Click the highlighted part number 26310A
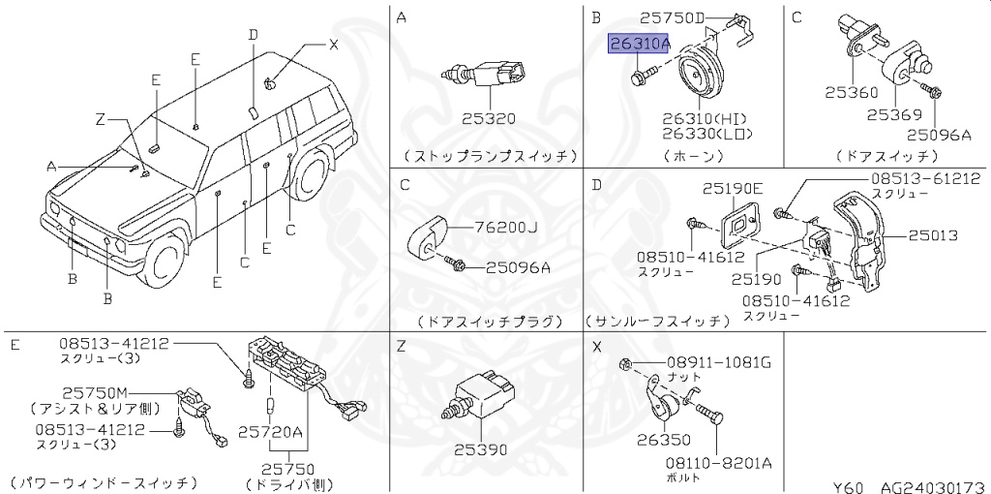[x=639, y=45]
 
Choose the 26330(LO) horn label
[x=706, y=134]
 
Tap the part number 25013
[x=932, y=235]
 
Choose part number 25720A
[x=271, y=430]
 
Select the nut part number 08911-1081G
[x=718, y=363]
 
